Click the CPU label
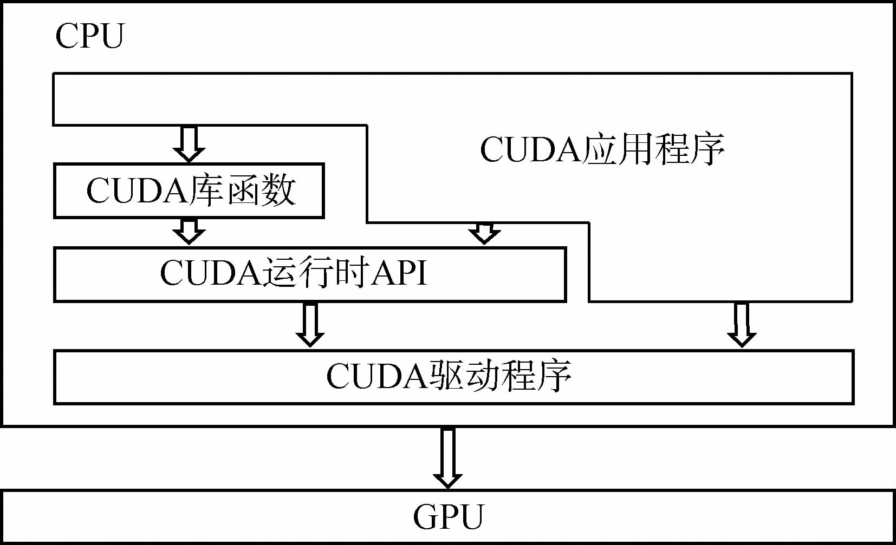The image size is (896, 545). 90,36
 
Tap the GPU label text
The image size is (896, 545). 448,517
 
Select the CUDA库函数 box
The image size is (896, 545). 189,191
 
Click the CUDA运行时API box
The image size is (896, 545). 310,274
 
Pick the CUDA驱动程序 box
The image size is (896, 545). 453,377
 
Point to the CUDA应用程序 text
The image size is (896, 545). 602,149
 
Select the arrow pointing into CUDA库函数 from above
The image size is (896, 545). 189,143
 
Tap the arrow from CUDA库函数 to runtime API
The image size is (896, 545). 189,231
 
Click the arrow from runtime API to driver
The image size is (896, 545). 310,324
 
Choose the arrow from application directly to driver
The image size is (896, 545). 742,324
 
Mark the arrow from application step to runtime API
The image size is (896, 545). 484,233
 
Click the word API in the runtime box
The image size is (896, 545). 400,272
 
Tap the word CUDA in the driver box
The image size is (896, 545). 377,376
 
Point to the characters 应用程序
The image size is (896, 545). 654,149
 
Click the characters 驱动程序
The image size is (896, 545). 501,376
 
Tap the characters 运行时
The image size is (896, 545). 317,272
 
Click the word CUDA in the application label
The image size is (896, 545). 531,149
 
